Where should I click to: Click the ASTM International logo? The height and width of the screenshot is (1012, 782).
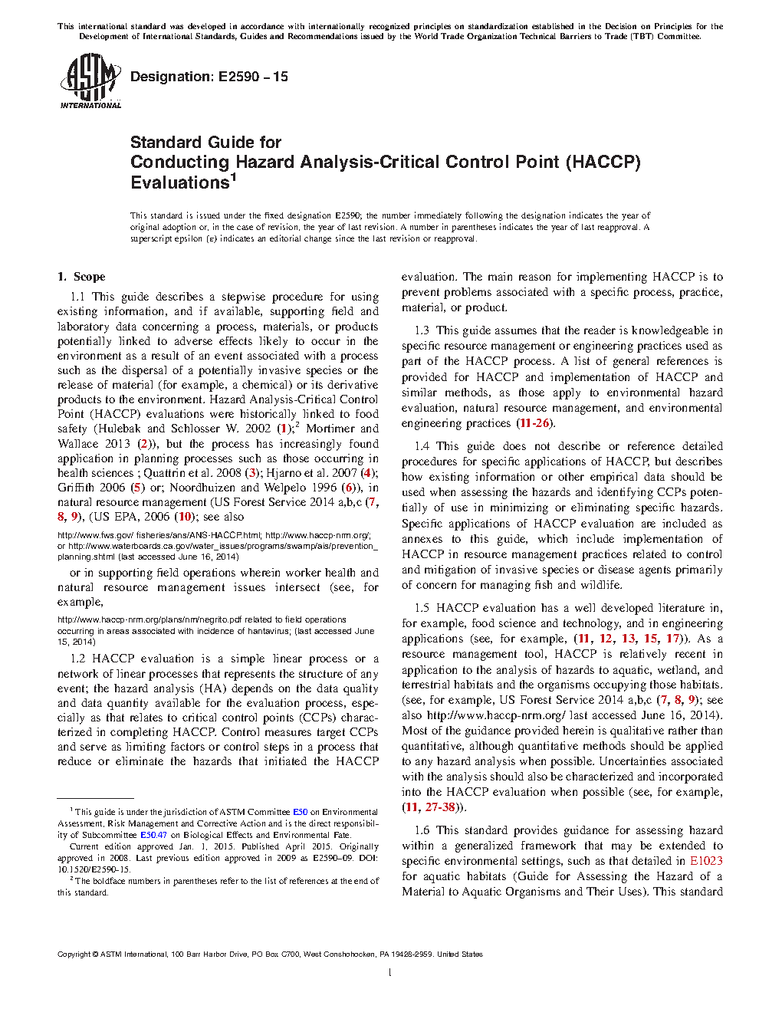click(90, 81)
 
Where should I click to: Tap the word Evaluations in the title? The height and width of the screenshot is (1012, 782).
click(180, 183)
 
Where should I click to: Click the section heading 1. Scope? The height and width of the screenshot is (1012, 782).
click(81, 277)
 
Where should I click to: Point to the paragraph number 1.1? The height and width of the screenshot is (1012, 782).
click(77, 297)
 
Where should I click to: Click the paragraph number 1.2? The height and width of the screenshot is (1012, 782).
click(77, 659)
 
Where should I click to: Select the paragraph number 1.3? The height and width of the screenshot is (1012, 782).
click(422, 330)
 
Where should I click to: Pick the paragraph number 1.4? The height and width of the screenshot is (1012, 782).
click(422, 446)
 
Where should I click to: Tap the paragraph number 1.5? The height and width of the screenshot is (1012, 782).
click(422, 608)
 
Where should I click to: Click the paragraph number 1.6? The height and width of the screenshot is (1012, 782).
click(422, 830)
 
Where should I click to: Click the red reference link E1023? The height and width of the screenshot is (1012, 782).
click(706, 861)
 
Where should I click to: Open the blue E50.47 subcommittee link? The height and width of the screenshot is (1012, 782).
click(153, 835)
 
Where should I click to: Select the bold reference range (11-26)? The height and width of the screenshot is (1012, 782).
click(535, 423)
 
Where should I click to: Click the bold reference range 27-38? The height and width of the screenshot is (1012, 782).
click(442, 807)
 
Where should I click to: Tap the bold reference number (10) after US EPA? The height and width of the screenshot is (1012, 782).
click(185, 517)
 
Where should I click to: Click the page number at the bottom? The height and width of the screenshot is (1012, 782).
click(390, 973)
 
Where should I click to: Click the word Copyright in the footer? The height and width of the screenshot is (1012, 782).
click(74, 955)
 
